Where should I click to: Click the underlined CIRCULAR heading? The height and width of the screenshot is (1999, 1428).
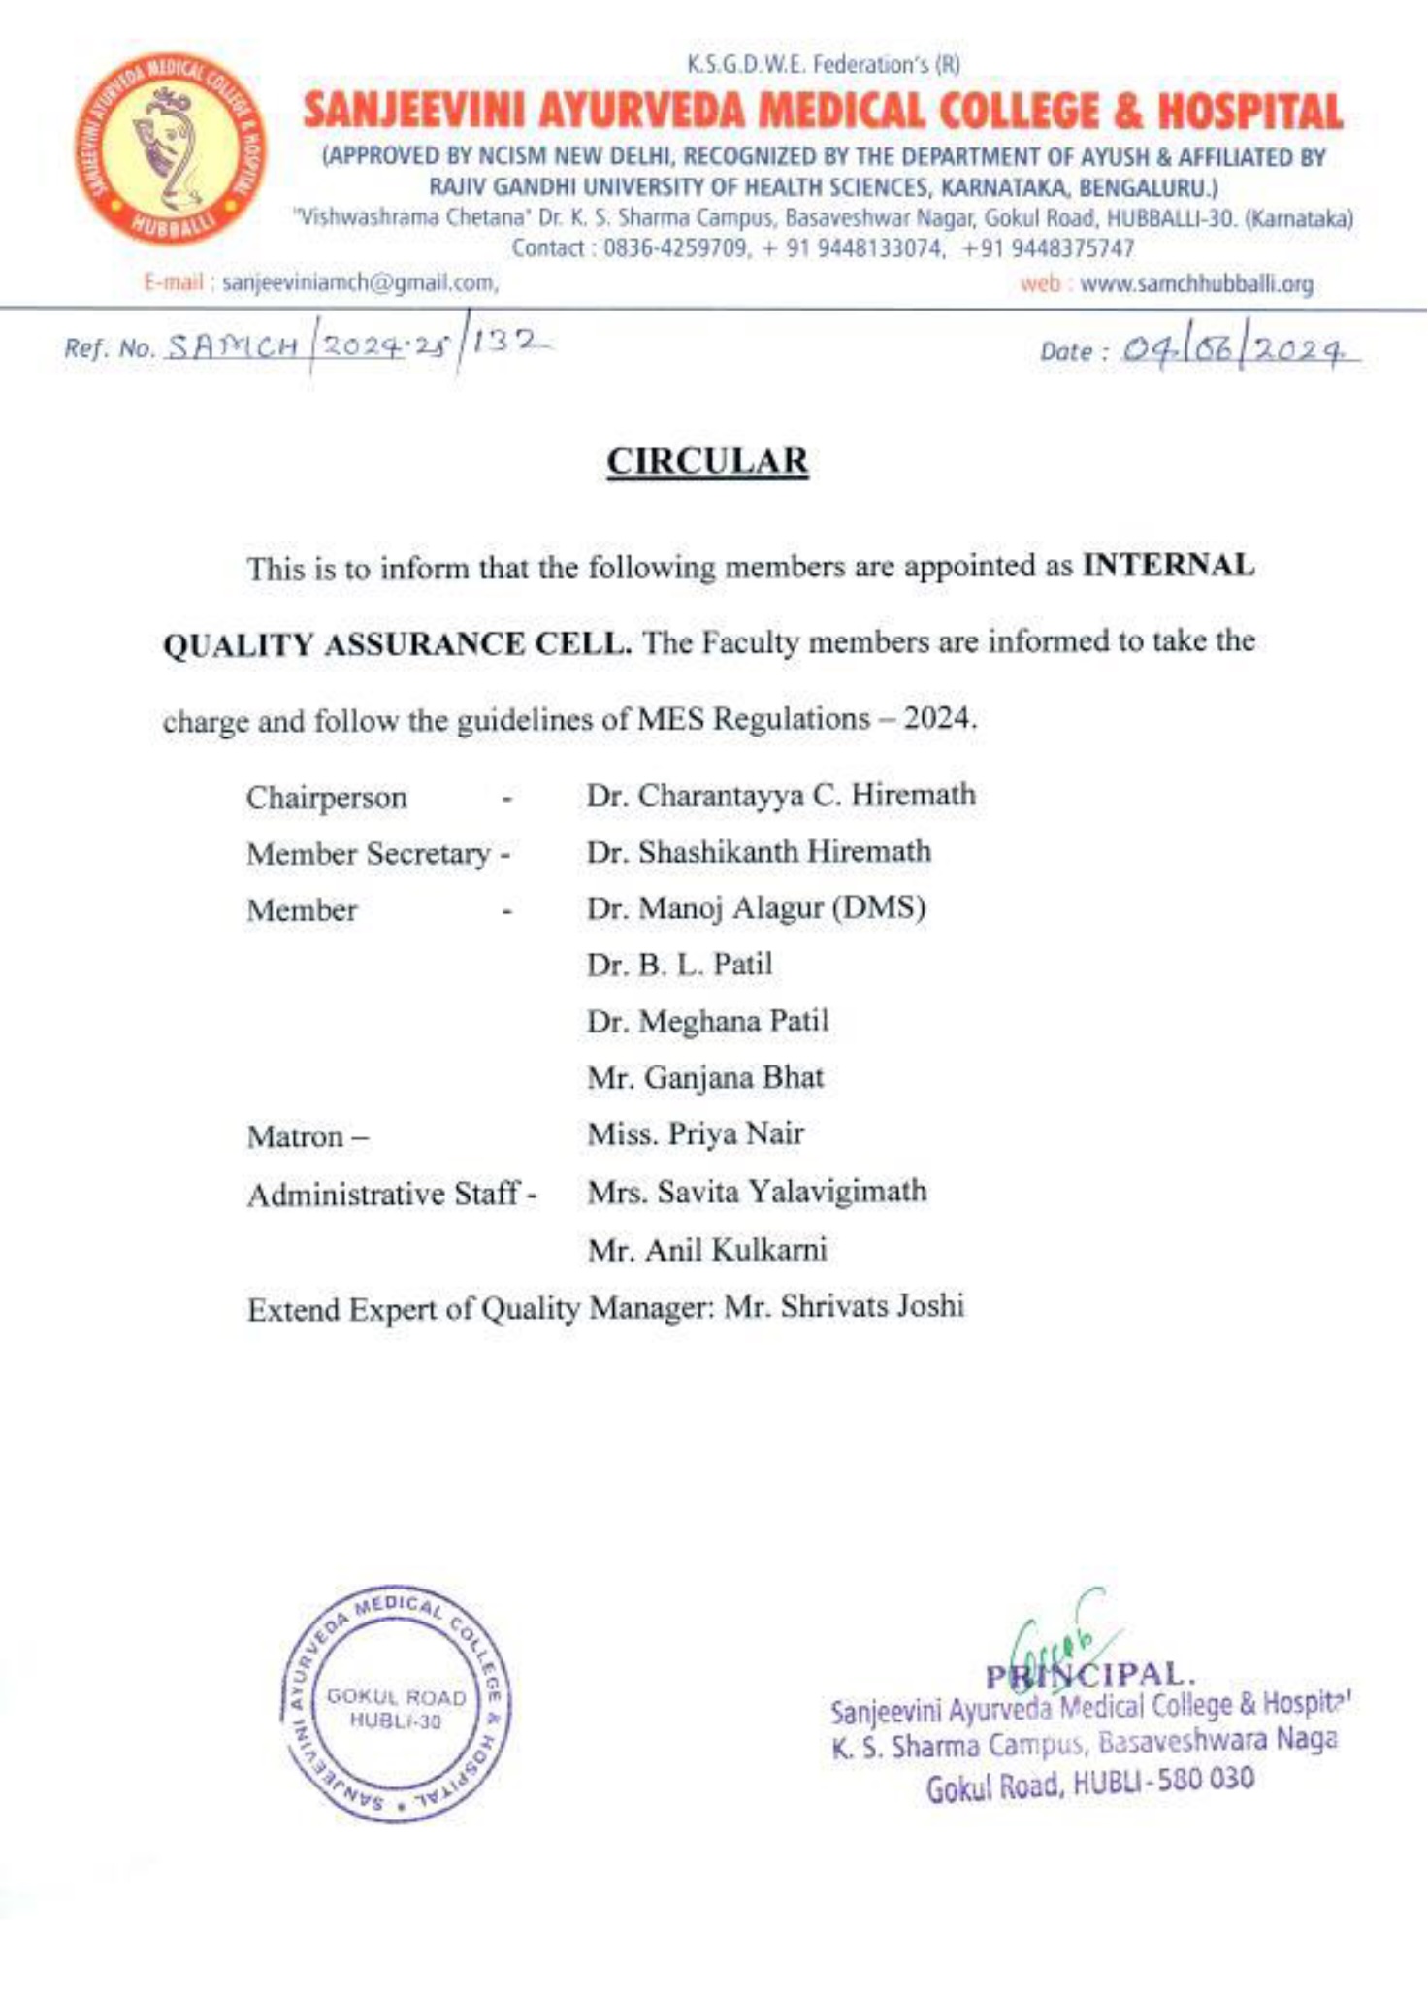pyautogui.click(x=707, y=461)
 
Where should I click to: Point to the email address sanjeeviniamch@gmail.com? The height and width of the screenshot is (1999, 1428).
pyautogui.click(x=360, y=283)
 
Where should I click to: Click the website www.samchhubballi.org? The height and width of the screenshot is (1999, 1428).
pyautogui.click(x=1196, y=284)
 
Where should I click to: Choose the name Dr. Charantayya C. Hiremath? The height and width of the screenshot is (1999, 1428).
pyautogui.click(x=781, y=795)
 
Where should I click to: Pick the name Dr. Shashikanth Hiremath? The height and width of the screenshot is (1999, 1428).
pyautogui.click(x=759, y=851)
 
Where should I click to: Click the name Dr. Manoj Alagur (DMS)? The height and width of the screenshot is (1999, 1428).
pyautogui.click(x=756, y=908)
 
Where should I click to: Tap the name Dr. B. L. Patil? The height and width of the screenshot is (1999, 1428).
pyautogui.click(x=679, y=965)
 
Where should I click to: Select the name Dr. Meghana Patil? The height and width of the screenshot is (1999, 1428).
pyautogui.click(x=707, y=1021)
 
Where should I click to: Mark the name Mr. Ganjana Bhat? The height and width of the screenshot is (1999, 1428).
pyautogui.click(x=705, y=1077)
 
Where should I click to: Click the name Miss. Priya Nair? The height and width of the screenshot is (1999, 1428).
pyautogui.click(x=696, y=1133)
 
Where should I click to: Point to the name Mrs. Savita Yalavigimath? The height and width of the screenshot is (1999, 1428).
pyautogui.click(x=757, y=1191)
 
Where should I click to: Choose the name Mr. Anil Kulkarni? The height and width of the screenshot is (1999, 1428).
pyautogui.click(x=707, y=1249)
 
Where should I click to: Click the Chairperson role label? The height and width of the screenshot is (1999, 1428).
pyautogui.click(x=326, y=798)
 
